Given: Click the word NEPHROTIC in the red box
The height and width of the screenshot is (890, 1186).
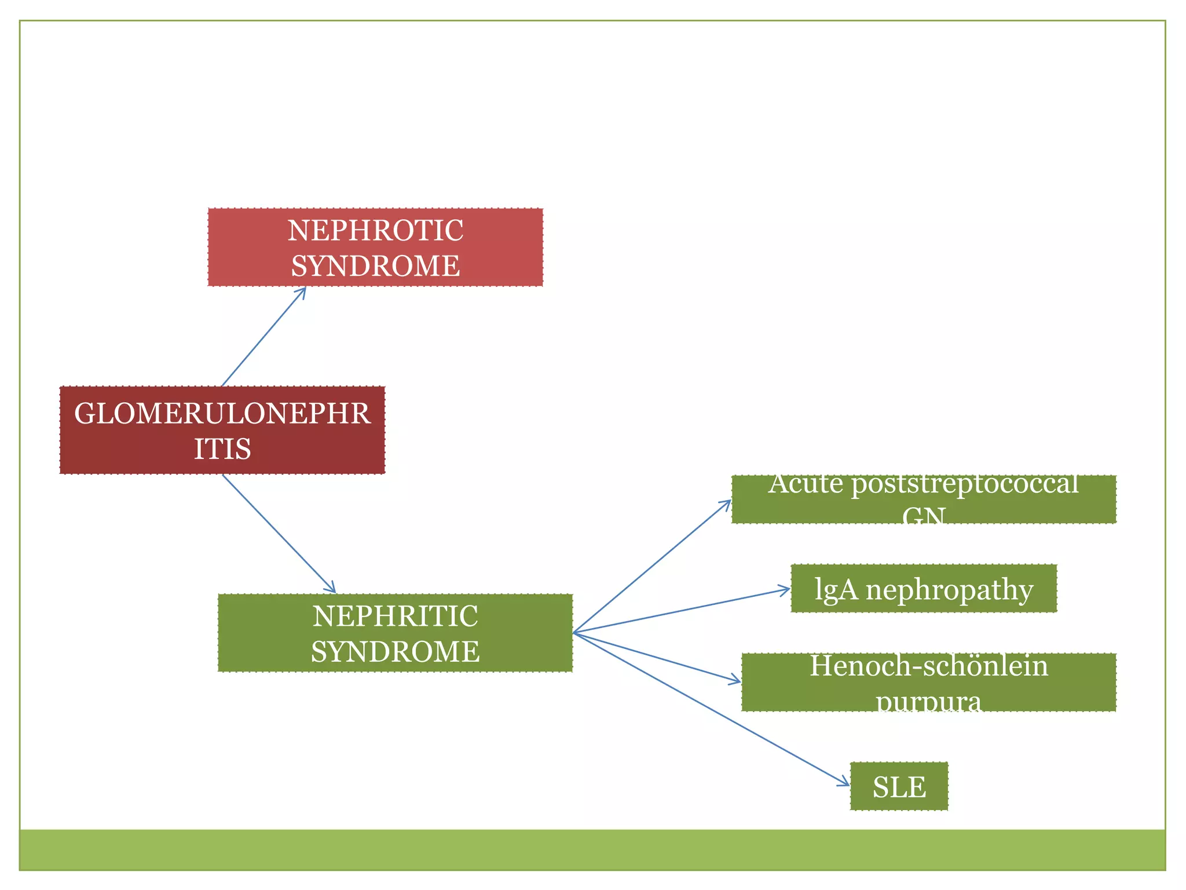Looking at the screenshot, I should point(375,231).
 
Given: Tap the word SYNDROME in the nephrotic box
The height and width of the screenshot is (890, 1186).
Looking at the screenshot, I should point(375,266).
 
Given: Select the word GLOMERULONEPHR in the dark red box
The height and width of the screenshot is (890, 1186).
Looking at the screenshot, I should point(222,414).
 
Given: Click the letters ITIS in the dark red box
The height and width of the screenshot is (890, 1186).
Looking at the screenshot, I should point(222,449).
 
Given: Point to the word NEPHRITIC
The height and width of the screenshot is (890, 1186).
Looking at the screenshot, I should point(395,616).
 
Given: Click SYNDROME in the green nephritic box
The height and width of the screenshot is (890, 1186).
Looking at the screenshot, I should point(395,652).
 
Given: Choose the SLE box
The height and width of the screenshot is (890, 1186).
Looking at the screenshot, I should point(899,787).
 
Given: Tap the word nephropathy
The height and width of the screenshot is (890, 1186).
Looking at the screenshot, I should point(949,590).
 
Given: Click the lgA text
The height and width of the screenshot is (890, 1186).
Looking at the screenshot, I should point(836,590).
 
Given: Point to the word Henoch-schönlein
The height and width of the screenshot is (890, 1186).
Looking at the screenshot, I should point(929,666).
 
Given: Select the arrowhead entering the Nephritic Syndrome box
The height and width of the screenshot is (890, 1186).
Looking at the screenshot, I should point(332,589).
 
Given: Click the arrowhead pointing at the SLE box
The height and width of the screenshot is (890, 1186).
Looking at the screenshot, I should point(845,784).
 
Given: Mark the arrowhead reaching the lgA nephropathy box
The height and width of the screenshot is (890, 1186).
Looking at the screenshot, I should point(786,590).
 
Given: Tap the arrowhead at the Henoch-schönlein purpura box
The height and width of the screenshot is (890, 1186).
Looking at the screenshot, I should point(737,681).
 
